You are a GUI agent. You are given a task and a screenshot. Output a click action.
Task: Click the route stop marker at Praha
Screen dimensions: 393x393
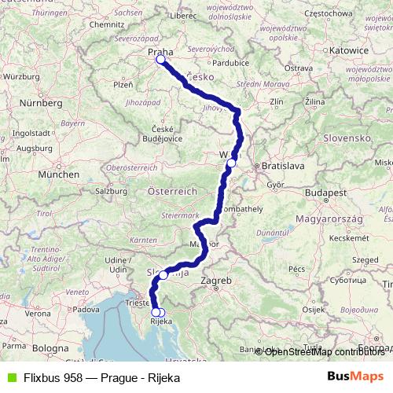(x=160, y=59)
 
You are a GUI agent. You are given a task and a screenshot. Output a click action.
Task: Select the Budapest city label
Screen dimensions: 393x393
(x=329, y=193)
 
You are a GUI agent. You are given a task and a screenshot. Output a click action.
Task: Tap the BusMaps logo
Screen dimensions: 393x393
(x=356, y=377)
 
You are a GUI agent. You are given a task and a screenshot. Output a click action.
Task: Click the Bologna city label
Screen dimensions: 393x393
(x=50, y=347)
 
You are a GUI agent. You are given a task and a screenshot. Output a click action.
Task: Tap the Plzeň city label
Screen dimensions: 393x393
(x=124, y=84)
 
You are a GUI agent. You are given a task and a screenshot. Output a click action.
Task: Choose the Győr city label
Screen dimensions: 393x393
(x=274, y=185)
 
